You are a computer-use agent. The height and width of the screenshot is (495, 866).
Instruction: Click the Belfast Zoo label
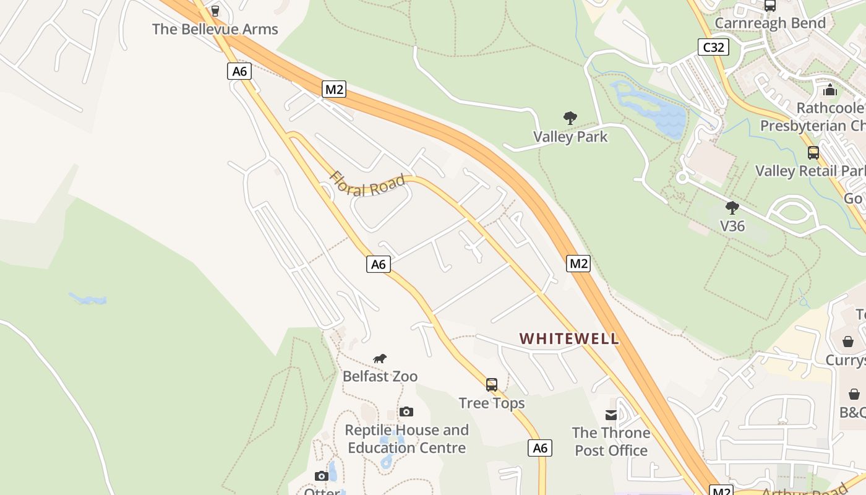pos(380,376)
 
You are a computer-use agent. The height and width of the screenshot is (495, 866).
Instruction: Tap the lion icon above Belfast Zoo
pos(380,358)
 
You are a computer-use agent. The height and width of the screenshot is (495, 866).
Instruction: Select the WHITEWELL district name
pos(568,338)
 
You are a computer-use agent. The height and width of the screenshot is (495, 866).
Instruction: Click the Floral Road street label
pos(367,184)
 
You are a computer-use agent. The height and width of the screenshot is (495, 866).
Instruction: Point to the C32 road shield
pos(713,47)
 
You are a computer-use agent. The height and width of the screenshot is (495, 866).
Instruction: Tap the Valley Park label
pos(570,137)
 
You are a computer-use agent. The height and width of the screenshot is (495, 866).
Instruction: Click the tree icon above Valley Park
pos(570,118)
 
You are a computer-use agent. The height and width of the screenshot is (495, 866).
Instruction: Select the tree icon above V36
pos(732,208)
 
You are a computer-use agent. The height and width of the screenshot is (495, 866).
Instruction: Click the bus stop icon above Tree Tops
pos(492,385)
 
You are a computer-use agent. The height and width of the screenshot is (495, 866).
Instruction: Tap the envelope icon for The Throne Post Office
pos(611,415)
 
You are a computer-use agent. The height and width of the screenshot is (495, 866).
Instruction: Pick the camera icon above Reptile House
pos(406,411)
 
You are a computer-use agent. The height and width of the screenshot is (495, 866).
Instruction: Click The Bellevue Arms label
pos(215,29)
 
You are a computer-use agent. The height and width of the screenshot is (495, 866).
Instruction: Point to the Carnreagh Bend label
pos(770,24)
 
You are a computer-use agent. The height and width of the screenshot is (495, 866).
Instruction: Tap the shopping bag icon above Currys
pos(847,342)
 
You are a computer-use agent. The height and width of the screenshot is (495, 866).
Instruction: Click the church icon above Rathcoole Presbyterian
pos(830,90)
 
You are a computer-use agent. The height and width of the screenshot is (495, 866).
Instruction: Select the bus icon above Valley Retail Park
pos(813,152)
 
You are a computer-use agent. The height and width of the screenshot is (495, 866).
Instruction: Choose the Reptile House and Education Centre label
pos(406,439)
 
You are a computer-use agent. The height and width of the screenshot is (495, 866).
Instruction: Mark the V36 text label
pos(732,226)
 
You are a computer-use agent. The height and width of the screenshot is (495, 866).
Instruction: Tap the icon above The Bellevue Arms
pos(215,11)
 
